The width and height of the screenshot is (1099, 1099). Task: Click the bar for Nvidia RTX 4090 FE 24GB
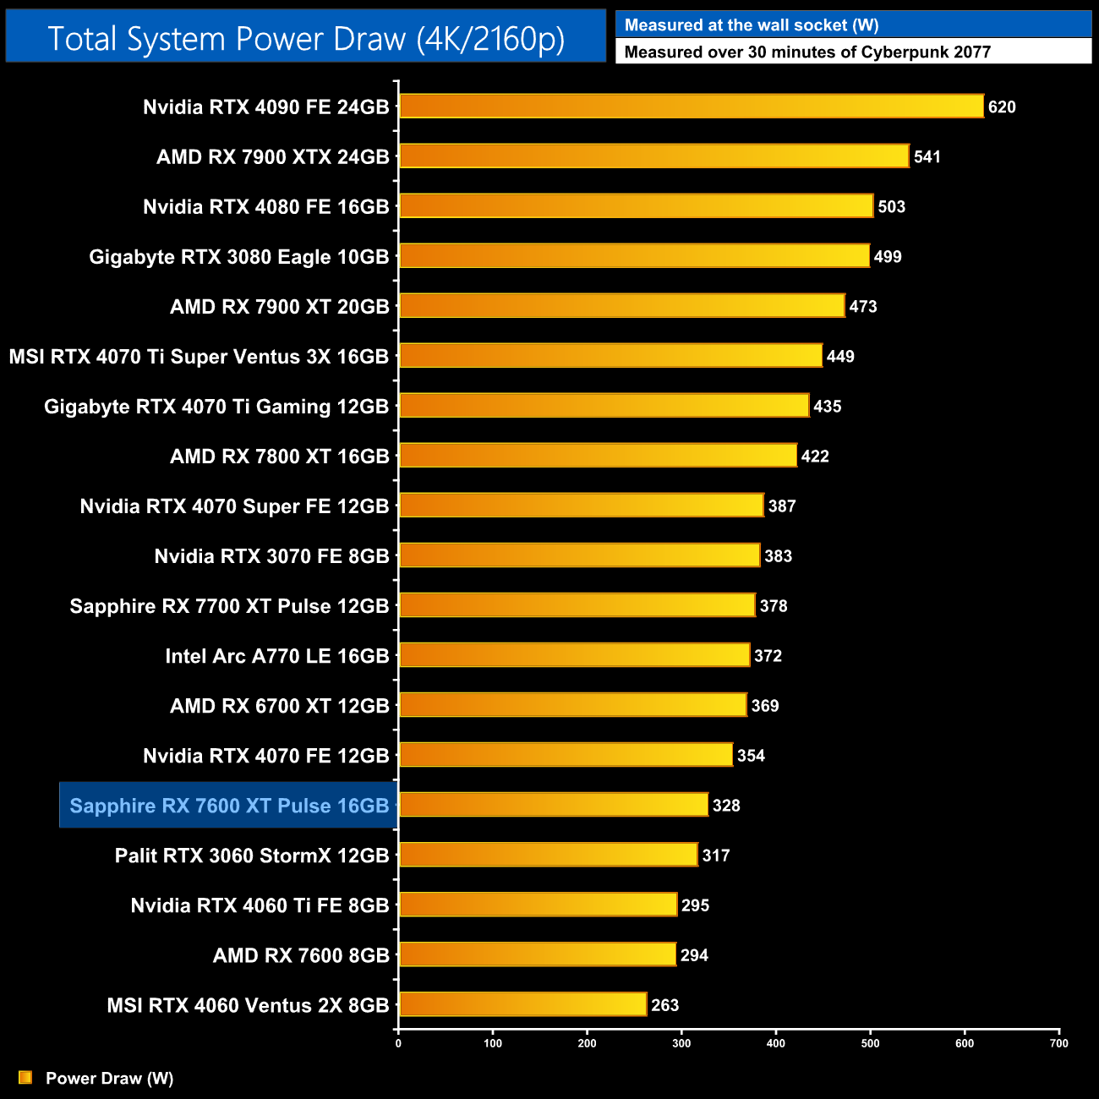[692, 107]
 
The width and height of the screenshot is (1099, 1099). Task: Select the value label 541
[927, 156]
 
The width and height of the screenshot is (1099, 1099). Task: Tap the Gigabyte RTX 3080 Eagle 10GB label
[239, 257]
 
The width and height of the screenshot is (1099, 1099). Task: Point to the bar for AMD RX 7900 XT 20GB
[621, 306]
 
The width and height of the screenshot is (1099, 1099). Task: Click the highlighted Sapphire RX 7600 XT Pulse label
[229, 806]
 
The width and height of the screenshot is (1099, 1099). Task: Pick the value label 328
[726, 806]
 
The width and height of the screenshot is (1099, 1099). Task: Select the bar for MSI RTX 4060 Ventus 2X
[522, 1004]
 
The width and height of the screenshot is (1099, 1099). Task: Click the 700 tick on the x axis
[1058, 1043]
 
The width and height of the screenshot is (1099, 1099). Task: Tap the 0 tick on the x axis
[398, 1043]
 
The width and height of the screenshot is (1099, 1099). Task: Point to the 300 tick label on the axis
[681, 1043]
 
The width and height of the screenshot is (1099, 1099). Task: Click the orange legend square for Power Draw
[25, 1078]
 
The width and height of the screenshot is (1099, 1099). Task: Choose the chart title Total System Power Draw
[306, 38]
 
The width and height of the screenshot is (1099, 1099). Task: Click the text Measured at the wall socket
[752, 25]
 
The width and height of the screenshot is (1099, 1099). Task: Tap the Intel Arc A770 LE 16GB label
[277, 656]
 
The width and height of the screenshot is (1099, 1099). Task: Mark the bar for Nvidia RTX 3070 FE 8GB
[579, 555]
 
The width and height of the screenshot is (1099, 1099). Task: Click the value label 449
[840, 356]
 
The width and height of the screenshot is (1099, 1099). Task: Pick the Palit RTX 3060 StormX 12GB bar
[548, 855]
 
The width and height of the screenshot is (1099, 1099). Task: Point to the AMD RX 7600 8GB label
[301, 955]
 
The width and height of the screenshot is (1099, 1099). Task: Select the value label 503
[891, 206]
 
